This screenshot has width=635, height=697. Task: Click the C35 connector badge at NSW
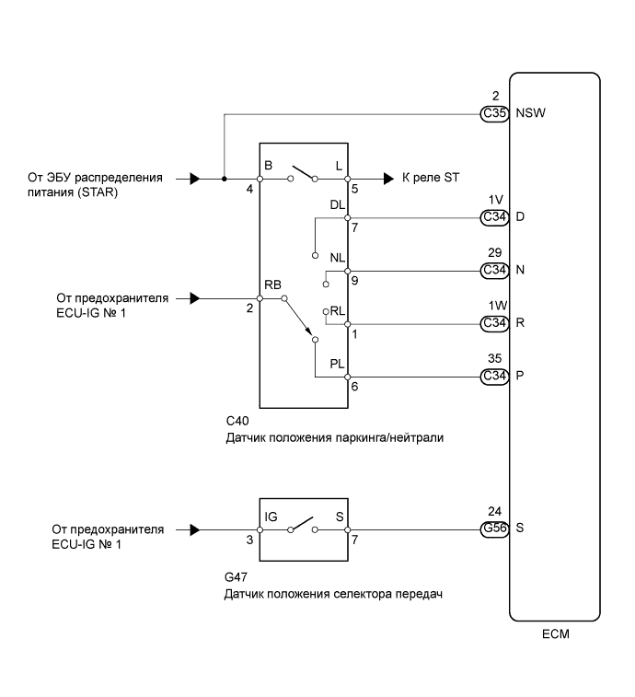coord(494,114)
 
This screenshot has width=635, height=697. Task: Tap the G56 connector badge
coord(494,529)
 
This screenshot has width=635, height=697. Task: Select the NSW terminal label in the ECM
coord(530,113)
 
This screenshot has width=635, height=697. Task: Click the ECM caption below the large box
coord(555,633)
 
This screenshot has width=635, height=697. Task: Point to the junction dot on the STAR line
coord(225,179)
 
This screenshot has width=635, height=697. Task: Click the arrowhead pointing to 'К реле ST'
coord(388,179)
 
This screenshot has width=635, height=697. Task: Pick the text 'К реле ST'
coord(430,178)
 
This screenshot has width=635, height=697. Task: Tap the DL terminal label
coord(337,205)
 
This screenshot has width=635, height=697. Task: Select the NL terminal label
coord(337,258)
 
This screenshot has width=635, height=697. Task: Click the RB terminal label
coord(272,285)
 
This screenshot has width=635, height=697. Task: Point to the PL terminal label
coord(337,364)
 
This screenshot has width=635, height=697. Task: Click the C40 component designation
coord(237,421)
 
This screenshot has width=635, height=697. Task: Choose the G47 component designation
coord(236,577)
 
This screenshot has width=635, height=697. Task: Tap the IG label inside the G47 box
coord(271,517)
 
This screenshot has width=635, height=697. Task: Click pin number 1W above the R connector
coord(498,306)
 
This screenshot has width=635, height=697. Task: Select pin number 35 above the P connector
coord(494,358)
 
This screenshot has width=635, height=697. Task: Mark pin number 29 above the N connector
coord(494,252)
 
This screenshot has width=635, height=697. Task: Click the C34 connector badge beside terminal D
coord(494,218)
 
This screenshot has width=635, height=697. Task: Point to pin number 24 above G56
coord(494,511)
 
